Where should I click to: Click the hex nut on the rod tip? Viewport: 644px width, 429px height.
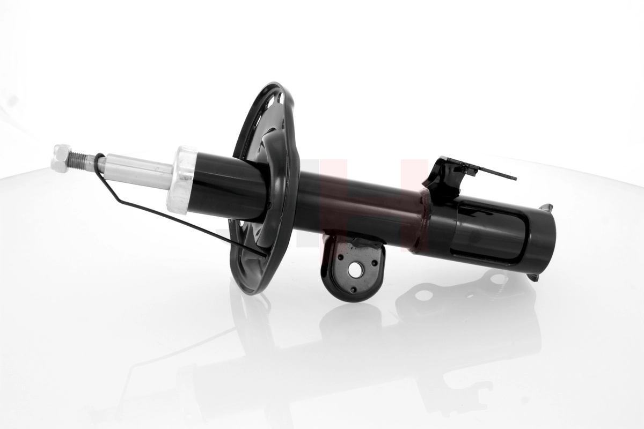point(62,158)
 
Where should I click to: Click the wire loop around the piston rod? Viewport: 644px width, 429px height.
point(100,164)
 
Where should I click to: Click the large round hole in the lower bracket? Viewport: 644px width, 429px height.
point(354,270)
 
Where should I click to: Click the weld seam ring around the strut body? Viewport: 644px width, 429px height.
point(424,223)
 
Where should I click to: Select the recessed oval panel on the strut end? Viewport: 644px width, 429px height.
point(488,231)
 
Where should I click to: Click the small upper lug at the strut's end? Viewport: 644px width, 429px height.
point(547,207)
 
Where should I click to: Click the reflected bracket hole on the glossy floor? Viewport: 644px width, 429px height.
point(424,295)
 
